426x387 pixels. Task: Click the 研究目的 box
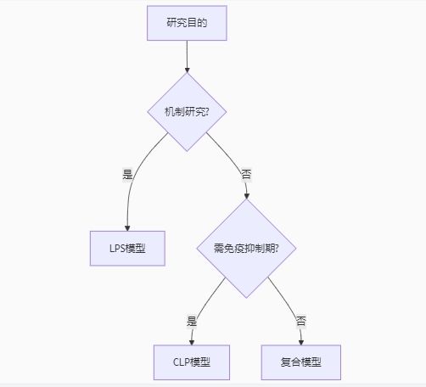coord(187,23)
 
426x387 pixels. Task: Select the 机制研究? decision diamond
coord(187,112)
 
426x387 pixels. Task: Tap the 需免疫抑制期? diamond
coord(246,249)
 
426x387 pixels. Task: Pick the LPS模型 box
coord(127,249)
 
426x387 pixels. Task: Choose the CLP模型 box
coord(192,362)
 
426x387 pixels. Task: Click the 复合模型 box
coord(301,362)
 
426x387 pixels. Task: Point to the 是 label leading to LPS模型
coord(127,174)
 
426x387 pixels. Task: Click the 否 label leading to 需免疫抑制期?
coord(246,174)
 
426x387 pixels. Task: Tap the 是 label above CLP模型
coord(192,321)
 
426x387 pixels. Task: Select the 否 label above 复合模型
coord(301,321)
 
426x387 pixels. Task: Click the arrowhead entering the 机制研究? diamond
coord(187,70)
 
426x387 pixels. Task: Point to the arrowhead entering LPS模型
coord(127,228)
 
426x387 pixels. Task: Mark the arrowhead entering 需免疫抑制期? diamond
coord(246,196)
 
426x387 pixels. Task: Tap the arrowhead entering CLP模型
coord(192,342)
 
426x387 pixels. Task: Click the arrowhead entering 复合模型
coord(301,342)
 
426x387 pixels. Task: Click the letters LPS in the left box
coord(117,249)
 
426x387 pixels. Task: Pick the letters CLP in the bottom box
coord(181,362)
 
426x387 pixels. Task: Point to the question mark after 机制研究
coord(206,112)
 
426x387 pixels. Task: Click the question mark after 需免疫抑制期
coord(277,249)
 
